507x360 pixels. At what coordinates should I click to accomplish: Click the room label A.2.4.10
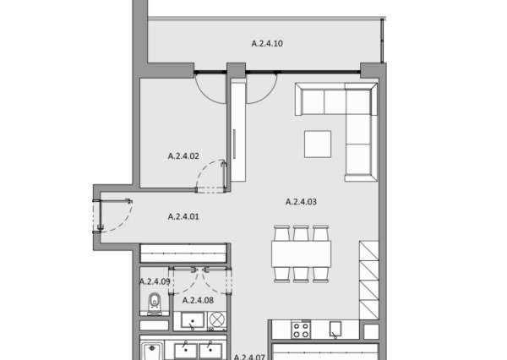(x=267, y=43)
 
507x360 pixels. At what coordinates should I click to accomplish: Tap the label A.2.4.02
(x=183, y=155)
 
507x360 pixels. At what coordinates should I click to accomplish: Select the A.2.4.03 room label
(x=301, y=202)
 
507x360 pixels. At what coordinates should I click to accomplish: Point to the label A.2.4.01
(x=183, y=216)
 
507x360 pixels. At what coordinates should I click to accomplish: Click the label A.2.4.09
(x=155, y=281)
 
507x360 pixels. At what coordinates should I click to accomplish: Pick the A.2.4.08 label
(x=198, y=300)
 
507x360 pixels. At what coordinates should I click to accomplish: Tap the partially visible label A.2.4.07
(x=249, y=357)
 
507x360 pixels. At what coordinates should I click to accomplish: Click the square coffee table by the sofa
(x=318, y=144)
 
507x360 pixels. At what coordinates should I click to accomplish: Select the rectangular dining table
(x=301, y=254)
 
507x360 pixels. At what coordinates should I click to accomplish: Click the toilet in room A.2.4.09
(x=155, y=303)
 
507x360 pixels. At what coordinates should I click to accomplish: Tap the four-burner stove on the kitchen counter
(x=301, y=330)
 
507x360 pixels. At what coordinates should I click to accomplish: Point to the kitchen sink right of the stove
(x=335, y=330)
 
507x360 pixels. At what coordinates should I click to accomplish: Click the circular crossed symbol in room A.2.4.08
(x=217, y=319)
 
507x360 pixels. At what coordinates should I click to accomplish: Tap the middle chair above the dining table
(x=301, y=233)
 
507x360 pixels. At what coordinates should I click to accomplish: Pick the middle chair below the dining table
(x=301, y=275)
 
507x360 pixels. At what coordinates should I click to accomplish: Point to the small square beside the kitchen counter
(x=371, y=331)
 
